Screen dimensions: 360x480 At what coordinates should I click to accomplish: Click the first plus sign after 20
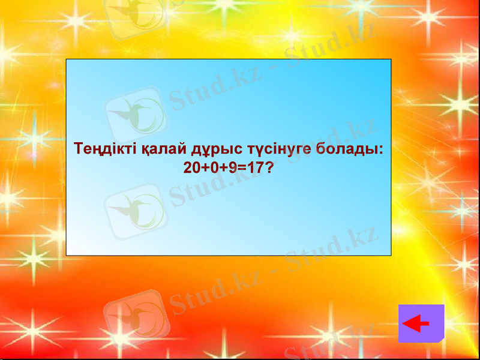pos(204,169)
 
